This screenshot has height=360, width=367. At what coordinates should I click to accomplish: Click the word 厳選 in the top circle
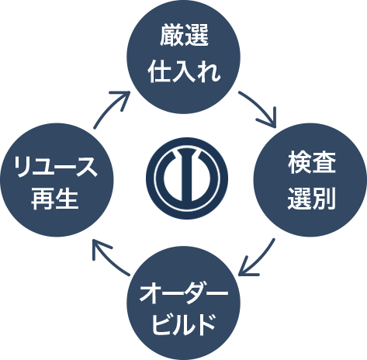click(x=184, y=36)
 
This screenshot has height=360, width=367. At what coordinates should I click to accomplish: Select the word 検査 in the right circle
click(x=312, y=163)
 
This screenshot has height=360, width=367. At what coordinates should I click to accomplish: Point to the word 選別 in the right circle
click(x=312, y=198)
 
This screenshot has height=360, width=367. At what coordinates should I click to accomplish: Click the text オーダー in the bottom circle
click(x=184, y=294)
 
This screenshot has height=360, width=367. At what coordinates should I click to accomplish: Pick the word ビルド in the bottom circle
click(x=183, y=324)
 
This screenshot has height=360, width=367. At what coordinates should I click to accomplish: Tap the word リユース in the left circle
click(x=56, y=167)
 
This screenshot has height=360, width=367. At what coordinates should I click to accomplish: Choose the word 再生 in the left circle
click(x=55, y=199)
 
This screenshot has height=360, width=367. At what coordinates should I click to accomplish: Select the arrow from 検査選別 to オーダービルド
click(x=258, y=259)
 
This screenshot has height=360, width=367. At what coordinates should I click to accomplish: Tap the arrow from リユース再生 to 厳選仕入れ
click(x=110, y=107)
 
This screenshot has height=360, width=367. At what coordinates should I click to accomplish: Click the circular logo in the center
click(x=187, y=178)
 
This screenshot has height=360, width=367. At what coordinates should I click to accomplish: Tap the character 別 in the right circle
click(x=324, y=198)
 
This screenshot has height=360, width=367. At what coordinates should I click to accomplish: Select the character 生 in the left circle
click(x=67, y=199)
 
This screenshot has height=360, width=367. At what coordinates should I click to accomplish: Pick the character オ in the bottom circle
click(x=151, y=294)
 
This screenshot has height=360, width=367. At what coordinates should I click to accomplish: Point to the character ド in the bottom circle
click(x=206, y=324)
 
